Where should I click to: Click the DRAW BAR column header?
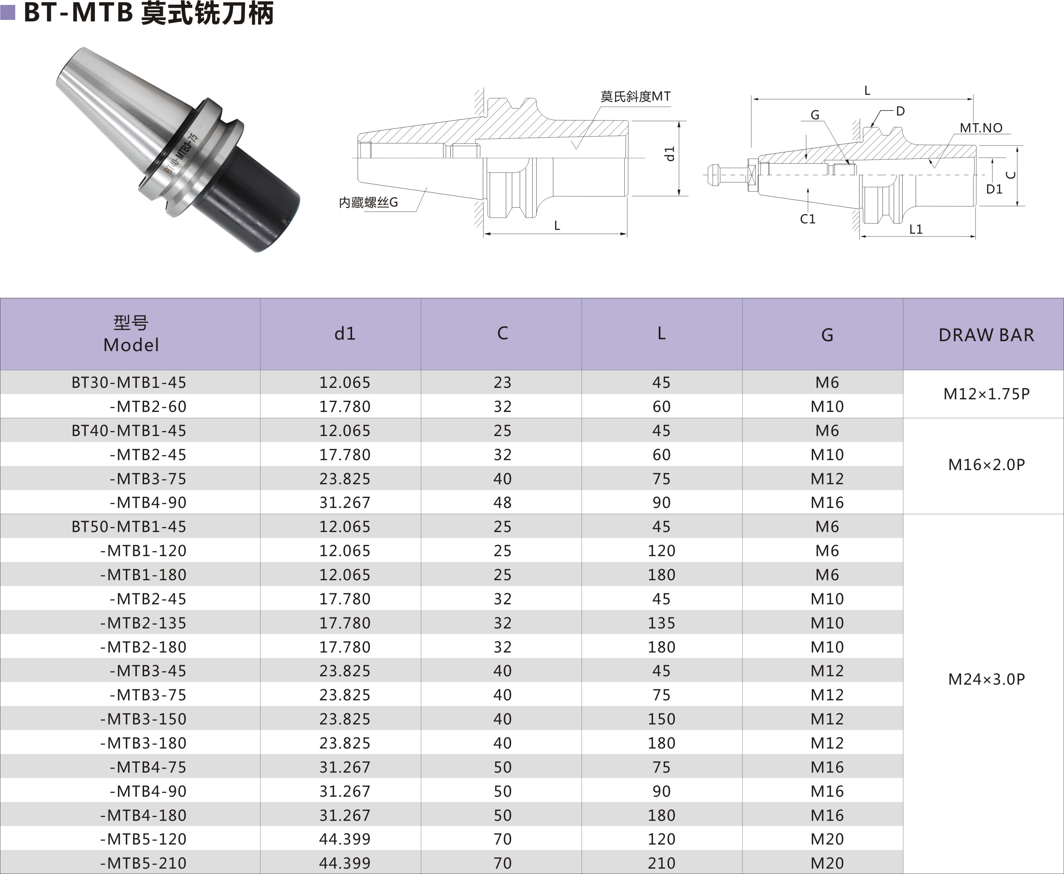point(986,335)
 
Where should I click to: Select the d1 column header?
point(345,333)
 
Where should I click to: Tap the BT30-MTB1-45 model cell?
point(129,382)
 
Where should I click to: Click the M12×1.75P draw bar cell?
point(986,394)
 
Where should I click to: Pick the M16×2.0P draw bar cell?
point(986,465)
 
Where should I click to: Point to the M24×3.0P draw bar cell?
point(986,680)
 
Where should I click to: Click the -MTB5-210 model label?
point(143,863)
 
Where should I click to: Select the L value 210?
point(661,863)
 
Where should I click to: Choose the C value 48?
point(502,503)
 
